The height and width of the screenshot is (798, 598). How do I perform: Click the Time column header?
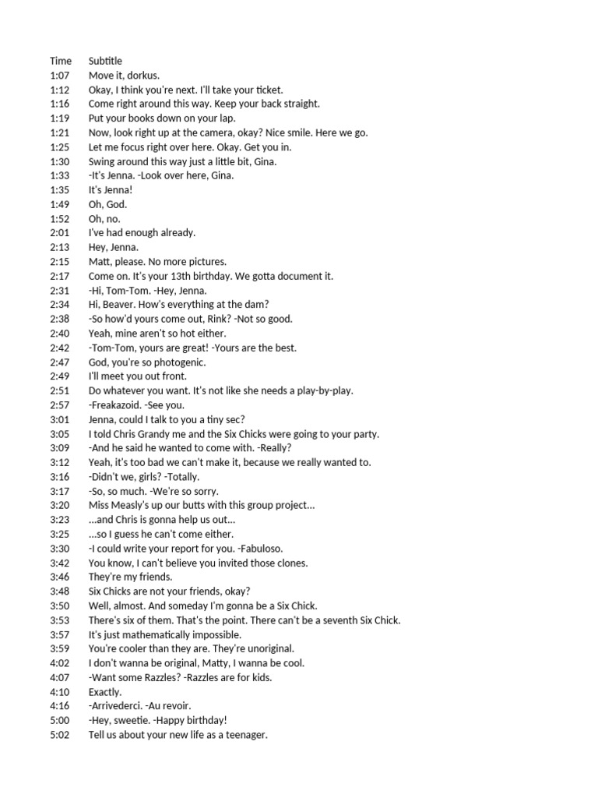click(61, 61)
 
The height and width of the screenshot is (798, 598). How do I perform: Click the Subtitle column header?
click(105, 61)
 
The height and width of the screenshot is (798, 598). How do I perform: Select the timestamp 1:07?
click(59, 76)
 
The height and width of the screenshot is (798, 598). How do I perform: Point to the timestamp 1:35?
click(59, 190)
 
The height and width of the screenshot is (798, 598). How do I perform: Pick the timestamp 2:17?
click(59, 276)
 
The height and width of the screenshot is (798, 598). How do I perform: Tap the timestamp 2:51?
click(59, 390)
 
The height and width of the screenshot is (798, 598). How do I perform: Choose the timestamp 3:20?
click(59, 506)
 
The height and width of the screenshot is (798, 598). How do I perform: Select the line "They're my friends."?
click(131, 577)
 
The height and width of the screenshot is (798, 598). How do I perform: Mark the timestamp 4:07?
click(59, 677)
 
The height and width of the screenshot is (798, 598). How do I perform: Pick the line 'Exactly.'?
click(105, 692)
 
